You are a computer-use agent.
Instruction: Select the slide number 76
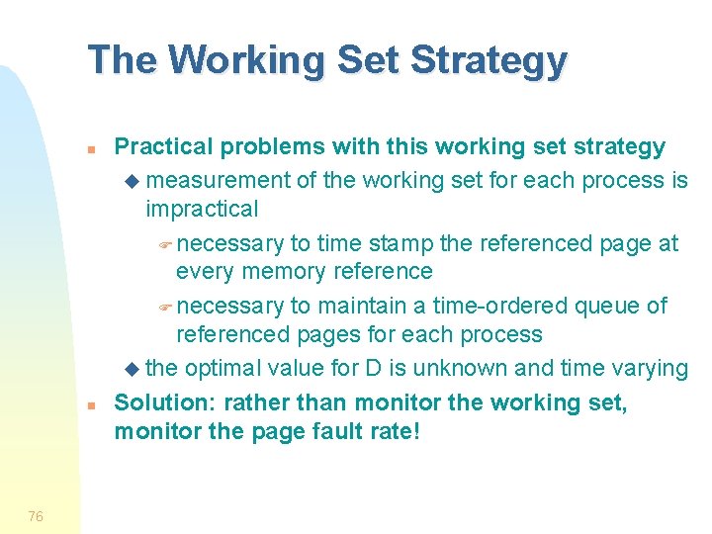[36, 515]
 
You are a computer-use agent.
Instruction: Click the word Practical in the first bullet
[164, 147]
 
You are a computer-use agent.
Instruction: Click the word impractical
[202, 209]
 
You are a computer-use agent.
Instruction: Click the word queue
[608, 306]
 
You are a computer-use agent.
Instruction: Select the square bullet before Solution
[89, 406]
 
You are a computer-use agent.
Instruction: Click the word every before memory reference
[205, 271]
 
